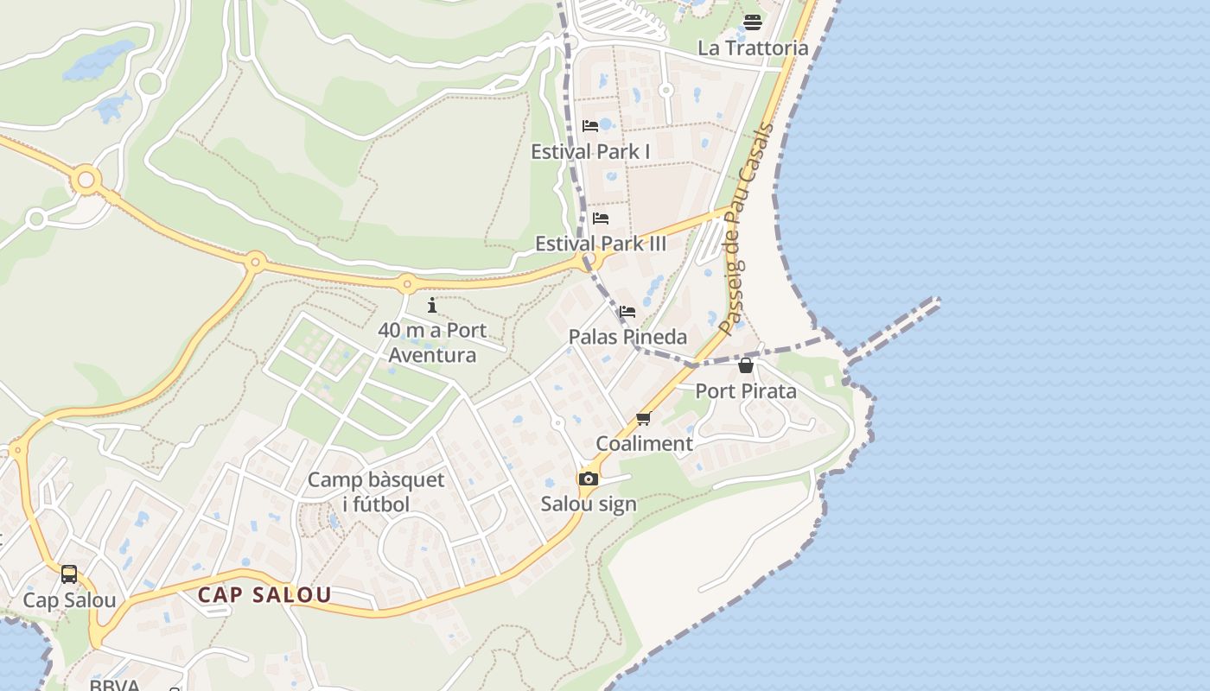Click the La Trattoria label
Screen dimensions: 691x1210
coord(752,48)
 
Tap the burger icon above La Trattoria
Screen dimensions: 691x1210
coord(752,22)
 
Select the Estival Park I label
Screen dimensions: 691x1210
coord(590,151)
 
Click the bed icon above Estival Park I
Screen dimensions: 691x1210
coord(590,126)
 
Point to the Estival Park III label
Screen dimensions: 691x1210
coord(601,244)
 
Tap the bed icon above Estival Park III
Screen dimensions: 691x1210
coord(601,219)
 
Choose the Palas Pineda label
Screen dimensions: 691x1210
coord(627,337)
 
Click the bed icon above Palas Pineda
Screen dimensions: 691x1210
coord(627,312)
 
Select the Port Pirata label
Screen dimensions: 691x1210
coord(746,390)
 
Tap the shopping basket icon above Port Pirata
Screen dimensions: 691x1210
coord(746,365)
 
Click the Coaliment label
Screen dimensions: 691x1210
coord(644,444)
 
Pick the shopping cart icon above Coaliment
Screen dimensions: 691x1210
coord(643,419)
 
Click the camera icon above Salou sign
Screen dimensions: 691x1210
coord(589,479)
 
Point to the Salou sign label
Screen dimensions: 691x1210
coord(589,504)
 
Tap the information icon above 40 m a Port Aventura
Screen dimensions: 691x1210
coord(432,305)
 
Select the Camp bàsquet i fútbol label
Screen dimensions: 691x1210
coord(376,491)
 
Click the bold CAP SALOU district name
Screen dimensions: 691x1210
coord(264,595)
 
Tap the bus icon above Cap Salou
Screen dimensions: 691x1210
coord(69,574)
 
